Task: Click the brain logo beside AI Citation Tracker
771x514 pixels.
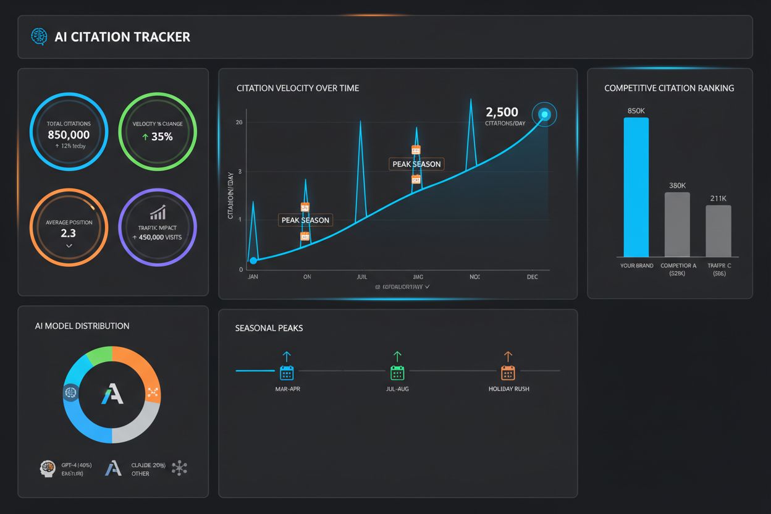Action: (39, 36)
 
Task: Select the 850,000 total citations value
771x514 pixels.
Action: (69, 135)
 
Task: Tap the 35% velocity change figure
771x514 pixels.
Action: (157, 137)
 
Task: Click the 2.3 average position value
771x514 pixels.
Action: (69, 233)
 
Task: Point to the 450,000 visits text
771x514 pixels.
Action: (158, 237)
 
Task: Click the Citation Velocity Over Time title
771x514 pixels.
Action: (298, 88)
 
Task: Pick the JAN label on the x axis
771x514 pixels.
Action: (253, 277)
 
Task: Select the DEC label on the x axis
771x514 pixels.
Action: (532, 277)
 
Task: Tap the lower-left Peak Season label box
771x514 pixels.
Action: (305, 220)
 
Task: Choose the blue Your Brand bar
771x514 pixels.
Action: (636, 187)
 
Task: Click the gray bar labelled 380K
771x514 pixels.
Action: (677, 224)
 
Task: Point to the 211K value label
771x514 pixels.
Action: (718, 198)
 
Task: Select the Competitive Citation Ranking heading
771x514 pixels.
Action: (669, 88)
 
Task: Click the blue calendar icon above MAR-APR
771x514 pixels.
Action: (287, 373)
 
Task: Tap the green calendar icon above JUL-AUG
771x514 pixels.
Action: (397, 373)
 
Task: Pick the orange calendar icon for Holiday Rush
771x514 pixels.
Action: (507, 373)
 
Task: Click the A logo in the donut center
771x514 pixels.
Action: (112, 394)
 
